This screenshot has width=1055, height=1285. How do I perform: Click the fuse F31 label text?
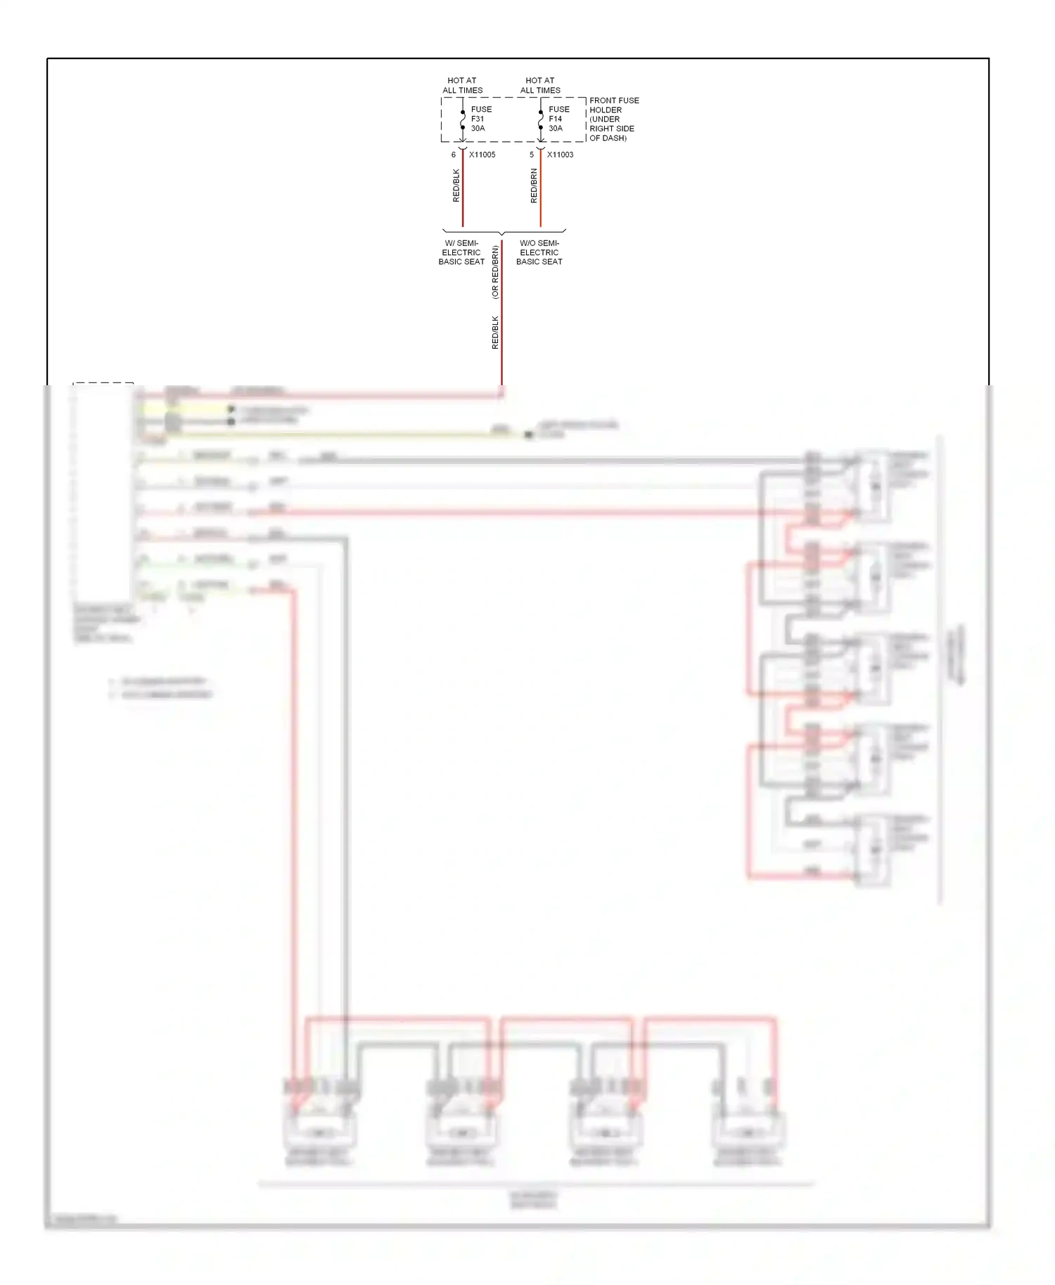481,119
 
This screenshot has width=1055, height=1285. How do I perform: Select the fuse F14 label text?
558,119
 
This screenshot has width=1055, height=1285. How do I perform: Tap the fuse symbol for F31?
463,120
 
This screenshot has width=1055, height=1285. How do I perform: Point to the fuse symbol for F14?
540,120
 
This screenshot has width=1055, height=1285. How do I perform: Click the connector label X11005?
482,155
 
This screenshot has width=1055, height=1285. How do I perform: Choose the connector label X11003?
560,155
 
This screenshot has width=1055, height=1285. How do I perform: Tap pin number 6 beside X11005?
454,155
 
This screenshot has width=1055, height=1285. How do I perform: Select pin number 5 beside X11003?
532,155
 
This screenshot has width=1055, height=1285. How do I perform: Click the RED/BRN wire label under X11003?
534,186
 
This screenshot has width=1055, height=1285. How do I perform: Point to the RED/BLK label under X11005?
456,186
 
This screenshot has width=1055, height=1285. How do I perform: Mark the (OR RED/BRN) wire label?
495,272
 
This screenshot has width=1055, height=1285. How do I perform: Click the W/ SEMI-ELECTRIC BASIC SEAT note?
461,252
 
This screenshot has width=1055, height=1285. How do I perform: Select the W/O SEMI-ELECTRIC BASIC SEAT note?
539,252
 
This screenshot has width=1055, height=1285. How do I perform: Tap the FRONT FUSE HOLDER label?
613,119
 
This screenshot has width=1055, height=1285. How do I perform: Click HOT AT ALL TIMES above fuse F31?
462,85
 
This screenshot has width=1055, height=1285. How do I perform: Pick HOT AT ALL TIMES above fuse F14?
540,85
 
